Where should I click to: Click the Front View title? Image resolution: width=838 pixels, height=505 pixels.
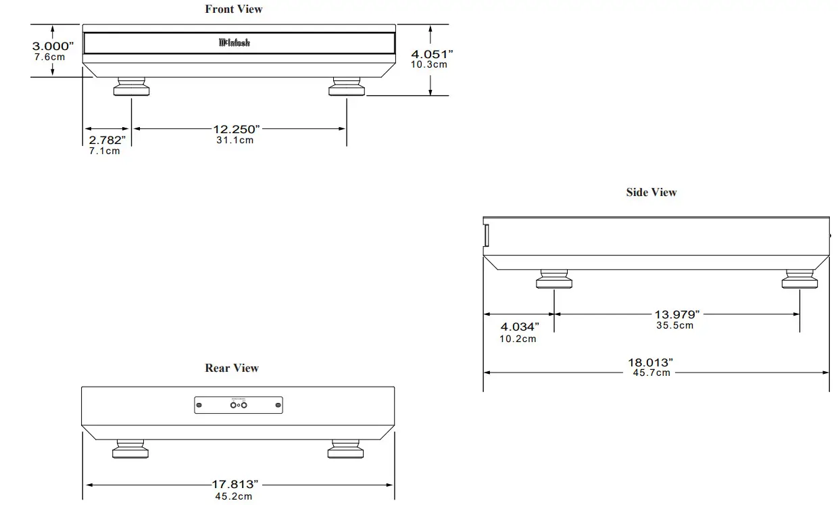[234, 9]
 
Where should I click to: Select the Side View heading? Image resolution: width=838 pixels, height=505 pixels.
[651, 192]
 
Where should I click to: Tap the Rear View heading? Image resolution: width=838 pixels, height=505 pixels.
[232, 368]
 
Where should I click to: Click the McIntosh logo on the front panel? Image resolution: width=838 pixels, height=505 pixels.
[235, 43]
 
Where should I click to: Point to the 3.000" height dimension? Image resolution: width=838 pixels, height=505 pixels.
[52, 46]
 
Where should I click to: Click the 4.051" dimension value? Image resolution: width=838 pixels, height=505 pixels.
[430, 54]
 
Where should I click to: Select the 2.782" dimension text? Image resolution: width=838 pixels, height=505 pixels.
[107, 140]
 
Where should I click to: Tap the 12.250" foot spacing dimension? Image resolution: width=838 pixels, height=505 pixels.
[237, 129]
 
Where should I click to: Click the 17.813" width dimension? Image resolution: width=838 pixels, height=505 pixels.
[235, 484]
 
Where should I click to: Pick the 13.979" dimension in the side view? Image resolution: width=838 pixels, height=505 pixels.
[676, 314]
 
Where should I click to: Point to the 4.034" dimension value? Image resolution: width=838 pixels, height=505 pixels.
[520, 327]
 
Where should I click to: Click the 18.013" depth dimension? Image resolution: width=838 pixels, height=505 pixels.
[650, 362]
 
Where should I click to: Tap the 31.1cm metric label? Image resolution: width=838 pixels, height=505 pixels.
[235, 140]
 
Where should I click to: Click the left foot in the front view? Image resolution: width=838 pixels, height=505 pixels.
[132, 88]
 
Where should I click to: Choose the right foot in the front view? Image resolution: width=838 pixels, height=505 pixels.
[347, 88]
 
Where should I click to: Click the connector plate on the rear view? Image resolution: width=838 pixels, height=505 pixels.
[239, 405]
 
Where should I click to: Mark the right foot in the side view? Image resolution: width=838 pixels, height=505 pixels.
[799, 279]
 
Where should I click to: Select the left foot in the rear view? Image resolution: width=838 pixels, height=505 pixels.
[128, 449]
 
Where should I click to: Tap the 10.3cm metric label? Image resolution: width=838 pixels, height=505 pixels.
[429, 65]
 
